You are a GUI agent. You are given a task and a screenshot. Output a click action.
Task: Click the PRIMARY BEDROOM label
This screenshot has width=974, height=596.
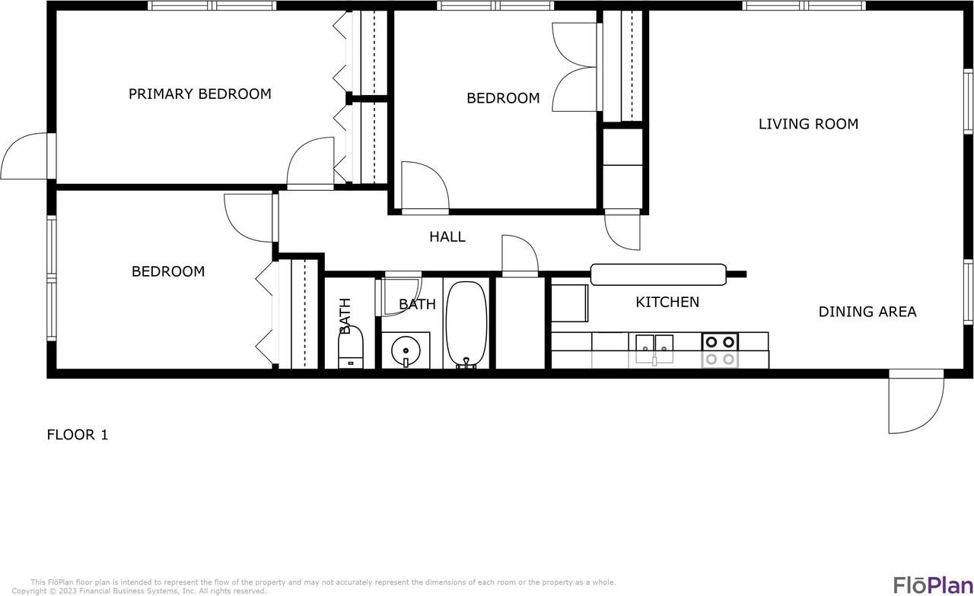click(x=199, y=94)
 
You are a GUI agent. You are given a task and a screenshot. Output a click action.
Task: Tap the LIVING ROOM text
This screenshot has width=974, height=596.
click(x=808, y=124)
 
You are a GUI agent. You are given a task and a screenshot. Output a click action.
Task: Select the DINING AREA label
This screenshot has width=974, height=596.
click(x=867, y=312)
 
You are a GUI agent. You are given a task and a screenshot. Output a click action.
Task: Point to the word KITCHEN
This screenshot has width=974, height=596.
click(x=667, y=303)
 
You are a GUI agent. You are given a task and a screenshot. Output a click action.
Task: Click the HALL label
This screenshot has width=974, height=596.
click(x=447, y=237)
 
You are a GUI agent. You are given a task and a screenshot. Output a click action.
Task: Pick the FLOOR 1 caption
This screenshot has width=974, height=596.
click(x=78, y=435)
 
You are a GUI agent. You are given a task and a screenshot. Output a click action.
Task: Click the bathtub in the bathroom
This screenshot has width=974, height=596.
click(x=466, y=325)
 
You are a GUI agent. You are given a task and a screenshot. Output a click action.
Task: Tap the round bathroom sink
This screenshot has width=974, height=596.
click(x=405, y=350)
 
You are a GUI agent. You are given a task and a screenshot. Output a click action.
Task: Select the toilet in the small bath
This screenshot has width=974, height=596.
click(x=351, y=351)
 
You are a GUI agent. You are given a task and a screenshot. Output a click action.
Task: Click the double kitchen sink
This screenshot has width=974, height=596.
click(x=654, y=344)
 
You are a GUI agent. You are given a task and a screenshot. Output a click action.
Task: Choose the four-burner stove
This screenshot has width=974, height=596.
click(x=719, y=350)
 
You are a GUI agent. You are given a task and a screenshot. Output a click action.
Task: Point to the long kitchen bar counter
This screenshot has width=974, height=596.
click(x=658, y=274)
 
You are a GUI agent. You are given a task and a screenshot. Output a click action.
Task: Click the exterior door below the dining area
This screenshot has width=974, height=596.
click(x=915, y=403)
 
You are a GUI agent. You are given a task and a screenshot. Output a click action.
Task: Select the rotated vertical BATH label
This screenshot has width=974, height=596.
click(x=345, y=316)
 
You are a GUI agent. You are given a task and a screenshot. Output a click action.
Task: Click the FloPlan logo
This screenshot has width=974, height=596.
click(x=931, y=585)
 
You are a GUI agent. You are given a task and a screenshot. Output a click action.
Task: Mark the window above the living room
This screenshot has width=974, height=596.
click(x=804, y=6)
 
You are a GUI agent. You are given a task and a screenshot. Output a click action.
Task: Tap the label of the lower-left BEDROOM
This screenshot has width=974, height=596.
click(x=168, y=271)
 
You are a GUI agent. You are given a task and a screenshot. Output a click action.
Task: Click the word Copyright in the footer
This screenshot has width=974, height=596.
click(x=29, y=591)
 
